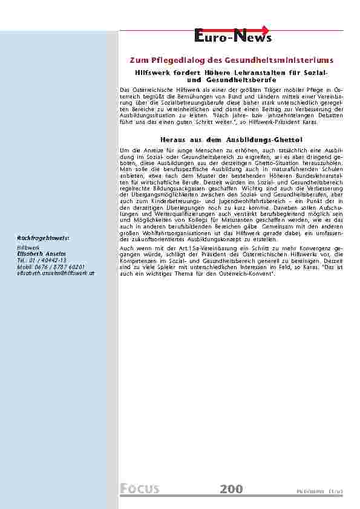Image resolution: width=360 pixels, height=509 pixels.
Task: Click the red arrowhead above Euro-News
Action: (266, 29)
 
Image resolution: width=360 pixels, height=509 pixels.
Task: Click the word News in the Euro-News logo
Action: (254, 38)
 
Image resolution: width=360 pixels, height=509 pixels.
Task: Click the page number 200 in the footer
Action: (231, 488)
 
